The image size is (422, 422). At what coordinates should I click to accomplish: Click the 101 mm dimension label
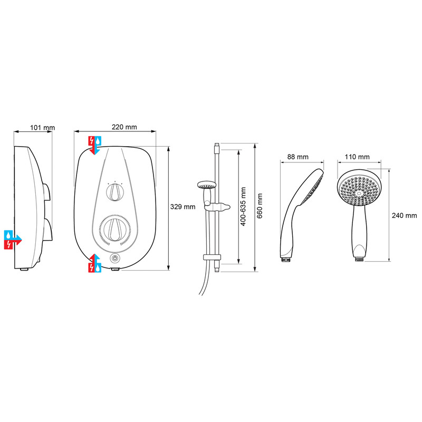(x=42, y=127)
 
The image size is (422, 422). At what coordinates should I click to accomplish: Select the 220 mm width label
(x=124, y=127)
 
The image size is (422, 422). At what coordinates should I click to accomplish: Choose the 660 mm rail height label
(x=261, y=207)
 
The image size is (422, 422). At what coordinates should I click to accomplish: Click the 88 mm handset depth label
(x=298, y=157)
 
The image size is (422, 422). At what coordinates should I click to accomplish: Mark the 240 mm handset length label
(x=404, y=216)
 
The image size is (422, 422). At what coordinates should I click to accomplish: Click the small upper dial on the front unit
(x=114, y=193)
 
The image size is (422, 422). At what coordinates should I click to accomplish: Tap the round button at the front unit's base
(x=114, y=259)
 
